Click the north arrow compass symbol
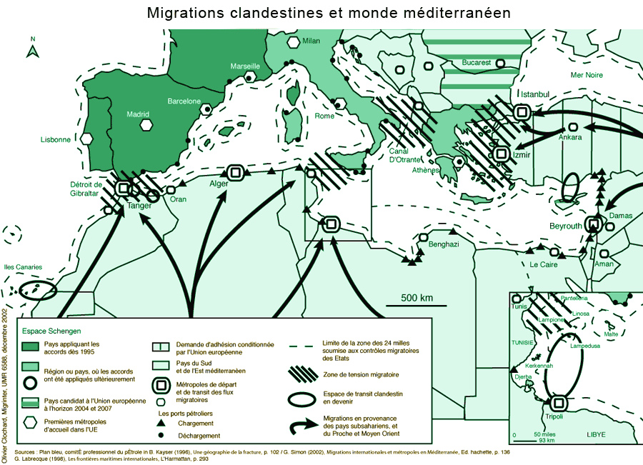click(32, 48)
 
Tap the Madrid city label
click(138, 114)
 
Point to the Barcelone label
click(184, 101)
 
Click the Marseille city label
click(245, 66)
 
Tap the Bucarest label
click(477, 63)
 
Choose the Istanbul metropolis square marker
click(522, 111)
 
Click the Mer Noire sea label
click(587, 75)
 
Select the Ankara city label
click(570, 137)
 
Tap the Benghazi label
click(443, 244)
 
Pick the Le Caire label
click(543, 264)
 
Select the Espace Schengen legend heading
click(51, 331)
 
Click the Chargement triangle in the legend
click(161, 424)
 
